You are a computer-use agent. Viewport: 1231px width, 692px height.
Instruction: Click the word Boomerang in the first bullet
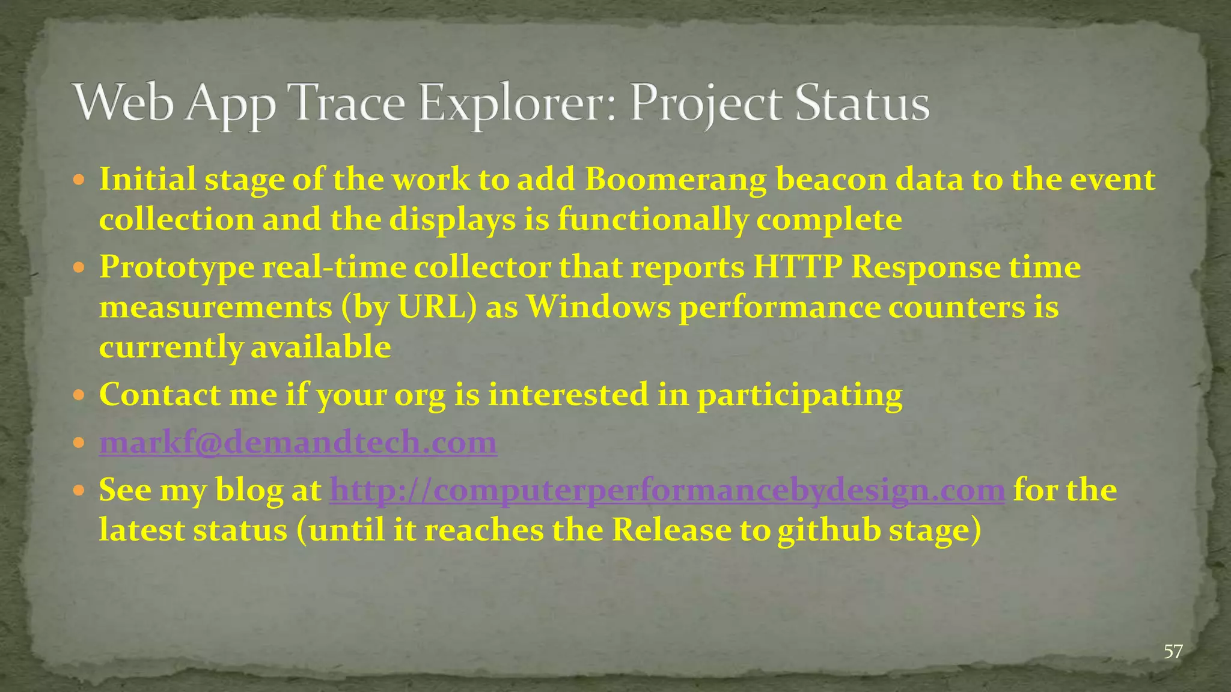(676, 179)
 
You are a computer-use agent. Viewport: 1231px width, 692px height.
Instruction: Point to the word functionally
(652, 220)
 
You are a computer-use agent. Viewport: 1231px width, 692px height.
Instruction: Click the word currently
(171, 348)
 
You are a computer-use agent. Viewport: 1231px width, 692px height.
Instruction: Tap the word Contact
(159, 395)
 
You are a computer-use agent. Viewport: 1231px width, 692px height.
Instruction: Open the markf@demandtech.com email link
(298, 442)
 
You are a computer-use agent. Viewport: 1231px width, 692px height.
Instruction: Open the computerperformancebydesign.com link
(667, 490)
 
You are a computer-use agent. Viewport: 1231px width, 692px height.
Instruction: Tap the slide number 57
(1173, 651)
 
